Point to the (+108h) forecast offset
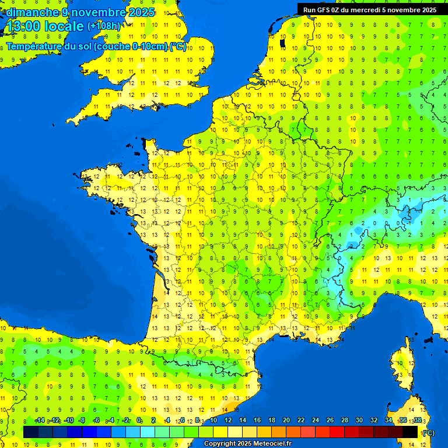[x=104, y=26]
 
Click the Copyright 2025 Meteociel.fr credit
[x=248, y=444]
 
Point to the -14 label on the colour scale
[x=40, y=421]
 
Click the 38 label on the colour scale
[x=418, y=421]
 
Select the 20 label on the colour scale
[x=286, y=421]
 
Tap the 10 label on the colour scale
[x=213, y=421]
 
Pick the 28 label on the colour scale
[x=345, y=421]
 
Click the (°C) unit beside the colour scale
[x=428, y=433]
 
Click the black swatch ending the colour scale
[x=410, y=432]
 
